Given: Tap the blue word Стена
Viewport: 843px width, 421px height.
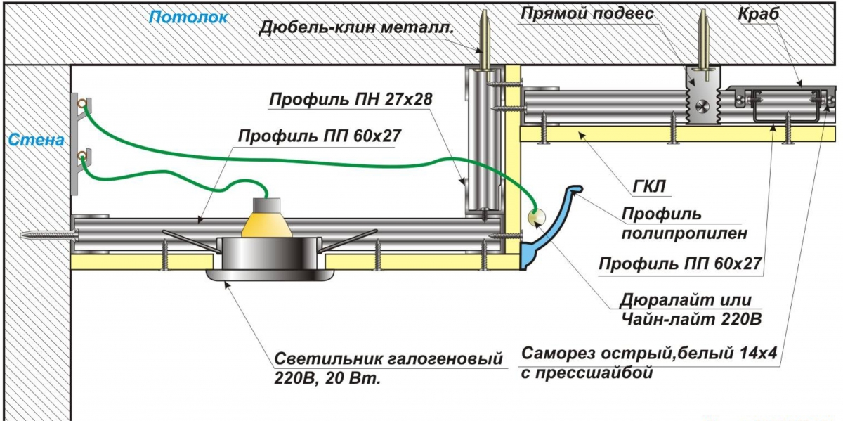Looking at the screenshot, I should (37, 140).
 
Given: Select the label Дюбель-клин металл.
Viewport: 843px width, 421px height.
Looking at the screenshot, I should (355, 29).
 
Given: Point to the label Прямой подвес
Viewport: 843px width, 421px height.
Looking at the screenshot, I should (587, 13).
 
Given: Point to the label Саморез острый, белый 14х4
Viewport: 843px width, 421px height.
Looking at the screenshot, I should (648, 354).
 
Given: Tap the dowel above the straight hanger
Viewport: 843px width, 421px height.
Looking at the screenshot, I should (702, 43).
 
